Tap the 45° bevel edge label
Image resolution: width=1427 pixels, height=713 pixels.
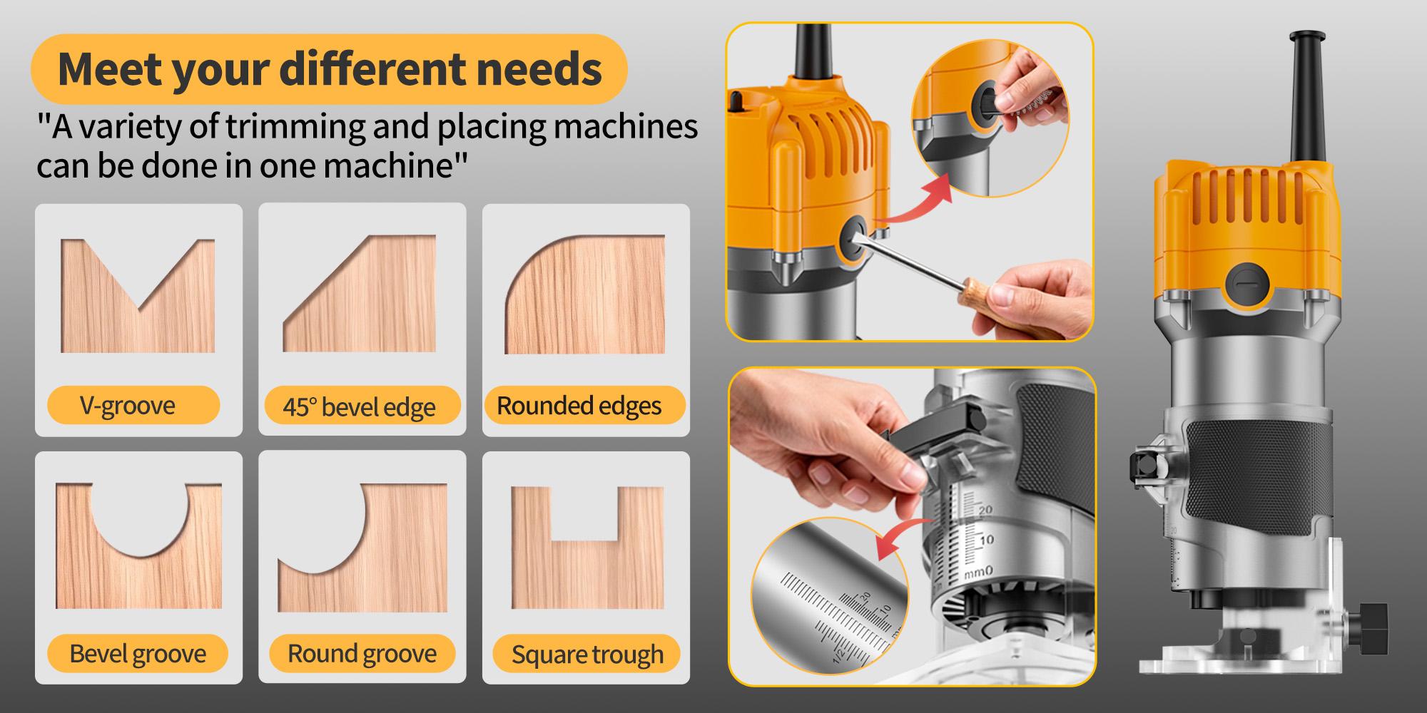[x=360, y=406]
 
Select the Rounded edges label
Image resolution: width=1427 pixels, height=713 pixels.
[x=579, y=406]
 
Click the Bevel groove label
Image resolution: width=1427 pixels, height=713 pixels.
[x=138, y=653]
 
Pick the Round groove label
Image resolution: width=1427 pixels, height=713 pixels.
[x=362, y=653]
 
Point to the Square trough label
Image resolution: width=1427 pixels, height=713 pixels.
[x=587, y=655]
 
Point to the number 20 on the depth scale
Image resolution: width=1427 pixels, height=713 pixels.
[x=985, y=511]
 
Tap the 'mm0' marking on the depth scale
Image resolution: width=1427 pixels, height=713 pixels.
[x=978, y=573]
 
